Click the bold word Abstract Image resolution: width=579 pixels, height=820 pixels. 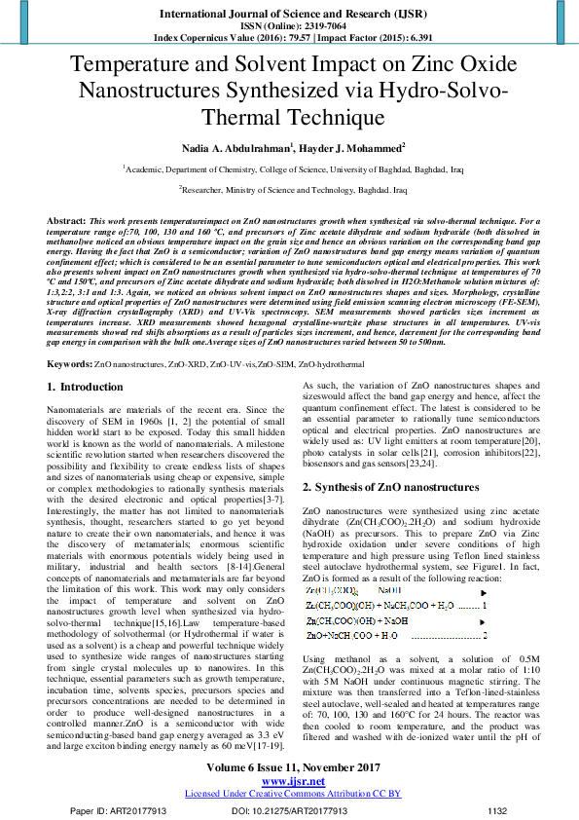67,222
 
